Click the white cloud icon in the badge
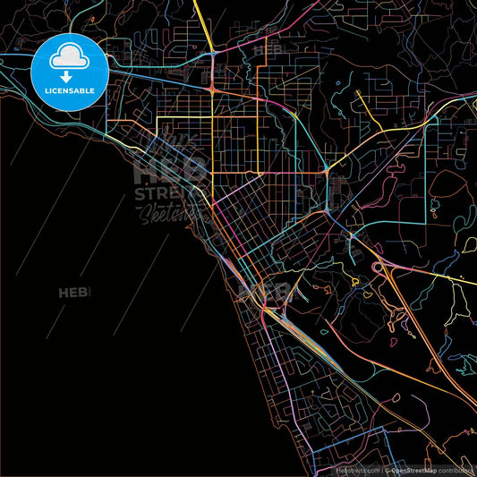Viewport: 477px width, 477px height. [x=69, y=56]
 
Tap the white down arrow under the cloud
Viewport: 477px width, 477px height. [x=69, y=77]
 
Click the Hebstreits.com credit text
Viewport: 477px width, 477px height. [x=357, y=469]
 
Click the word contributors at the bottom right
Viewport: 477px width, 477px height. [x=456, y=469]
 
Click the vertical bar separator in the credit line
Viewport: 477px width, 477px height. [x=382, y=469]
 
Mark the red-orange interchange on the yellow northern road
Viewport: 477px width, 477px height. [x=211, y=89]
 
